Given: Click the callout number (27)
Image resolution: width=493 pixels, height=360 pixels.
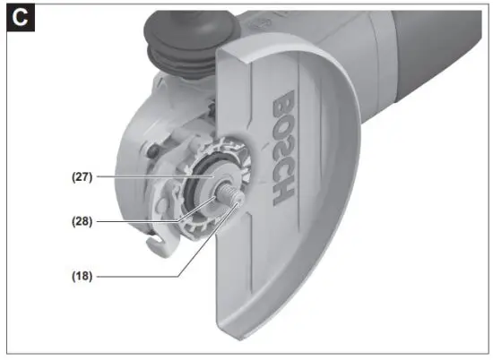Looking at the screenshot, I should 83,177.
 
